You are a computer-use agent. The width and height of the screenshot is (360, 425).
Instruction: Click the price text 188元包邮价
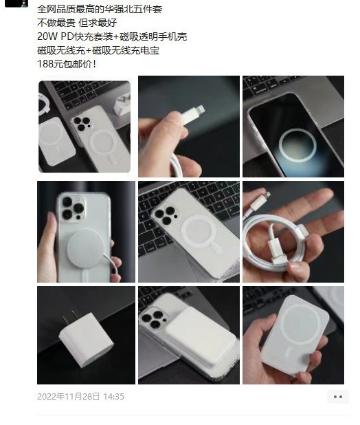tap(67, 64)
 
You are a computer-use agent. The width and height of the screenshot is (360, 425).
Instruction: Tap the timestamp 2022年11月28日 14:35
tap(80, 397)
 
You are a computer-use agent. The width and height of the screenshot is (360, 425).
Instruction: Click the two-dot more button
tap(337, 397)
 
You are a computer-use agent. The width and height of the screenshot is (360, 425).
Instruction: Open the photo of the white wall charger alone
tap(86, 335)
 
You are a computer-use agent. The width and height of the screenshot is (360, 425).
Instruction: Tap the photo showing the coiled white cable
tap(293, 230)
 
